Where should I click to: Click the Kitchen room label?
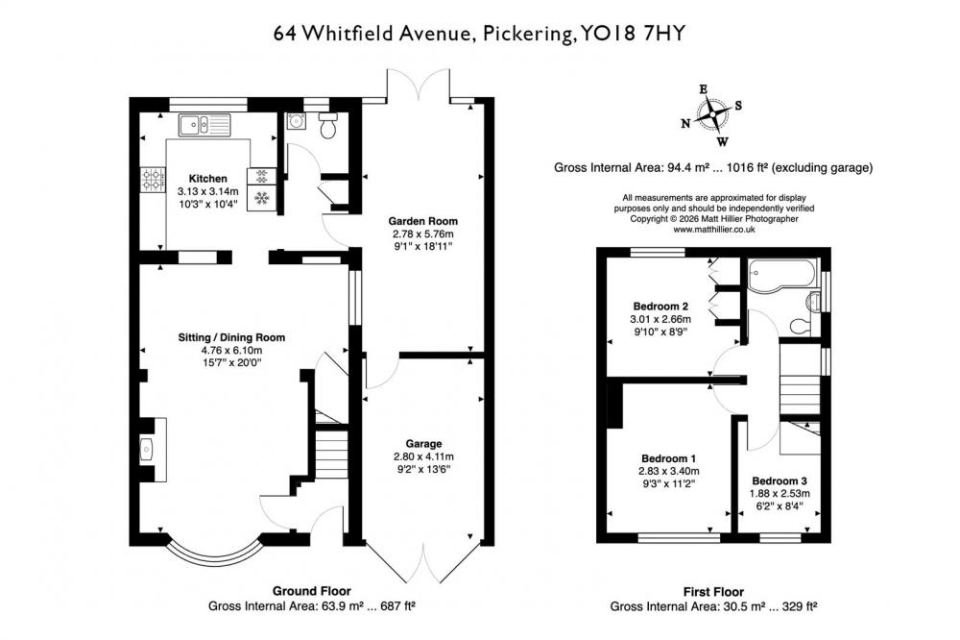click(x=207, y=179)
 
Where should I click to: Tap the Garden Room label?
click(x=423, y=221)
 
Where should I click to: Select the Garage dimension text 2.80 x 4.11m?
click(x=423, y=456)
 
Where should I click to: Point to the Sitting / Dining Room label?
click(x=231, y=337)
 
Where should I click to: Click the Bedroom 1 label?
click(x=668, y=458)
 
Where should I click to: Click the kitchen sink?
click(x=204, y=125)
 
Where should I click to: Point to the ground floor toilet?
click(x=328, y=126)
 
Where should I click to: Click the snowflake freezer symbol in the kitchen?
click(x=262, y=198)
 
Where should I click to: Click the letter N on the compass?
click(x=685, y=124)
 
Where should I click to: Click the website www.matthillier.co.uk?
click(x=714, y=230)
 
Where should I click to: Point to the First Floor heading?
click(x=713, y=592)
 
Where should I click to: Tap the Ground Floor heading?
click(x=312, y=591)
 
